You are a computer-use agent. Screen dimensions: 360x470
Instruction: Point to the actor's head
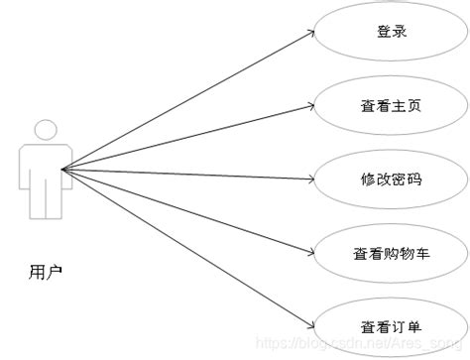click(45, 130)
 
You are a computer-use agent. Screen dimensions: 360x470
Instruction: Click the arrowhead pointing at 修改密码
click(311, 180)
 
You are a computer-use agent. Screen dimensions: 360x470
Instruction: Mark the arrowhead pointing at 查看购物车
click(311, 251)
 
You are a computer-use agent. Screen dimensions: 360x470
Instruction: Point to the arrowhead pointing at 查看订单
click(311, 324)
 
